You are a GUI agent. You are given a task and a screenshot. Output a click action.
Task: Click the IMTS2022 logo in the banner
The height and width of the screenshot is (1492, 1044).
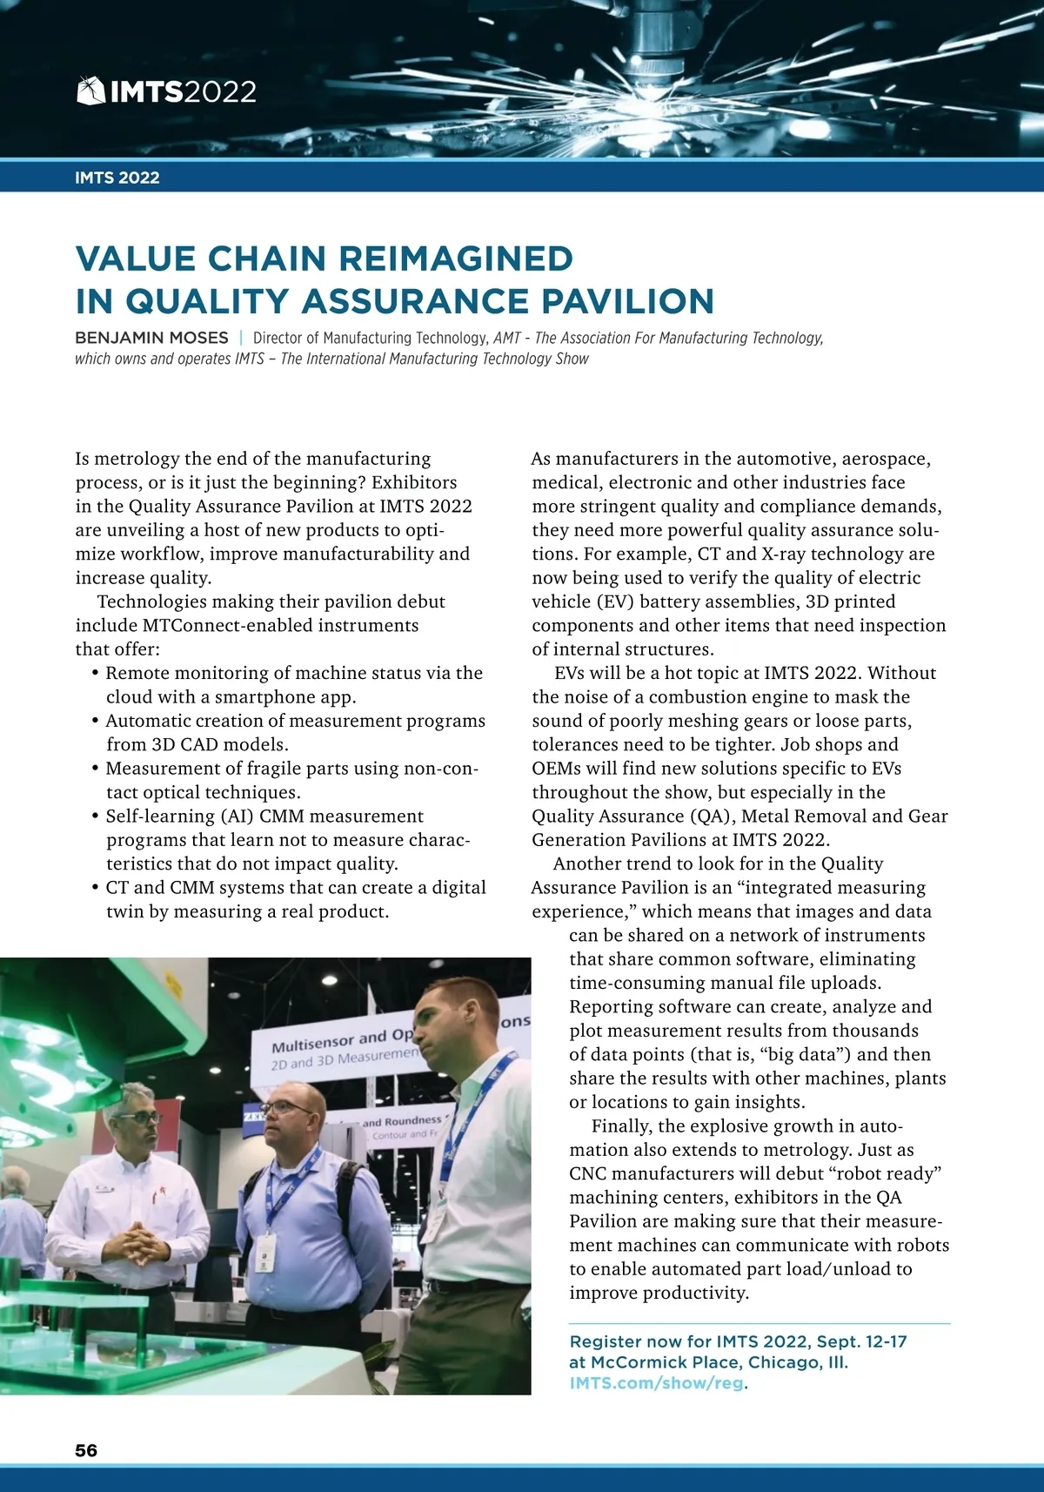[x=167, y=91]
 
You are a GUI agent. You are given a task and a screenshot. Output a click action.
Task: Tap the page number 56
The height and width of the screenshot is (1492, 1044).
[x=86, y=1450]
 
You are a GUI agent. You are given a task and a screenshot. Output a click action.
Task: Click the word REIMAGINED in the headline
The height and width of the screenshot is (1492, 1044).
[x=455, y=259]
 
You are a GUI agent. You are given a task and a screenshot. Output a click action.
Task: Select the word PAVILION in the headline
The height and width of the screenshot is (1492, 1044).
[x=627, y=301]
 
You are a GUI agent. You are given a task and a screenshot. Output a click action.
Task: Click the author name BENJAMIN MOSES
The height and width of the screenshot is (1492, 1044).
[x=151, y=338]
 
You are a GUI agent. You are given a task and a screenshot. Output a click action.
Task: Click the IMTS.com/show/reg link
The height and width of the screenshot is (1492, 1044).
[x=656, y=1383]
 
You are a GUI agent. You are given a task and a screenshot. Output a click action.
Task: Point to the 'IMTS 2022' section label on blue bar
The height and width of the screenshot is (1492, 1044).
[x=117, y=178]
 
